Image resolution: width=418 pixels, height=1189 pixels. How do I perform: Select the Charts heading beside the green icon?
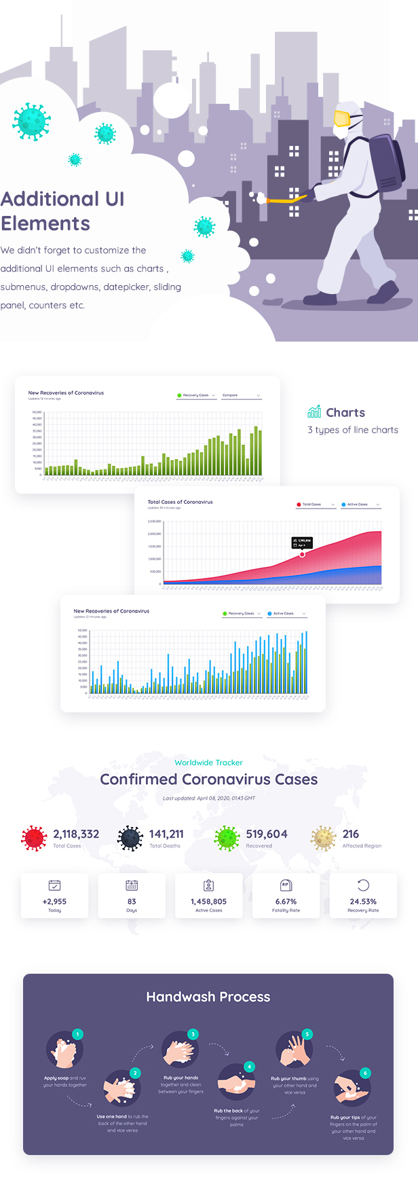pyautogui.click(x=345, y=412)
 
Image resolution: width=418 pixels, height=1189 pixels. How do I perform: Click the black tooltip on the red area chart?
pyautogui.click(x=302, y=543)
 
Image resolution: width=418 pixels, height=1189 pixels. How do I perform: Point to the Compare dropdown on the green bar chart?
pyautogui.click(x=241, y=395)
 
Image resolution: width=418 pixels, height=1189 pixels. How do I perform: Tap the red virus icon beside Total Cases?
pyautogui.click(x=34, y=839)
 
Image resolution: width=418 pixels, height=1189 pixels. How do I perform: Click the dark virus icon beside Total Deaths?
pyautogui.click(x=130, y=839)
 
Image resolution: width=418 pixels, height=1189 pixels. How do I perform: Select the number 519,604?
pyautogui.click(x=267, y=834)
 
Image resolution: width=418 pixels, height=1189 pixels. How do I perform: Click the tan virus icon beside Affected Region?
pyautogui.click(x=324, y=839)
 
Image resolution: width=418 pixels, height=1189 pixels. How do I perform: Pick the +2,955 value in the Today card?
pyautogui.click(x=54, y=901)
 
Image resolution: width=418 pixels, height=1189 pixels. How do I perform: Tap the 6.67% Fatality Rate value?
pyautogui.click(x=286, y=901)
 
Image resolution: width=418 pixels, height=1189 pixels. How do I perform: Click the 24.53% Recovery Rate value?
pyautogui.click(x=363, y=901)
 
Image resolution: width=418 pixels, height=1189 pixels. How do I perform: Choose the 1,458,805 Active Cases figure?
pyautogui.click(x=208, y=901)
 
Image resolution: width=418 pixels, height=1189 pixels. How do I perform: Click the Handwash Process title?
pyautogui.click(x=208, y=997)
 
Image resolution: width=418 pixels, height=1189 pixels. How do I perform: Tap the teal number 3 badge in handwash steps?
pyautogui.click(x=193, y=1034)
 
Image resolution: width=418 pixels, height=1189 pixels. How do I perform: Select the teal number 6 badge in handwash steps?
pyautogui.click(x=365, y=1073)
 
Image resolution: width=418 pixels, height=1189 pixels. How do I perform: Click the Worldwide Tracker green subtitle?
pyautogui.click(x=208, y=763)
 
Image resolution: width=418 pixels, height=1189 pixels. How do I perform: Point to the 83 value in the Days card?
pyautogui.click(x=132, y=901)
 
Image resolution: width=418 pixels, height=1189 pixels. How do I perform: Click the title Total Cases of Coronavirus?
pyautogui.click(x=180, y=502)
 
